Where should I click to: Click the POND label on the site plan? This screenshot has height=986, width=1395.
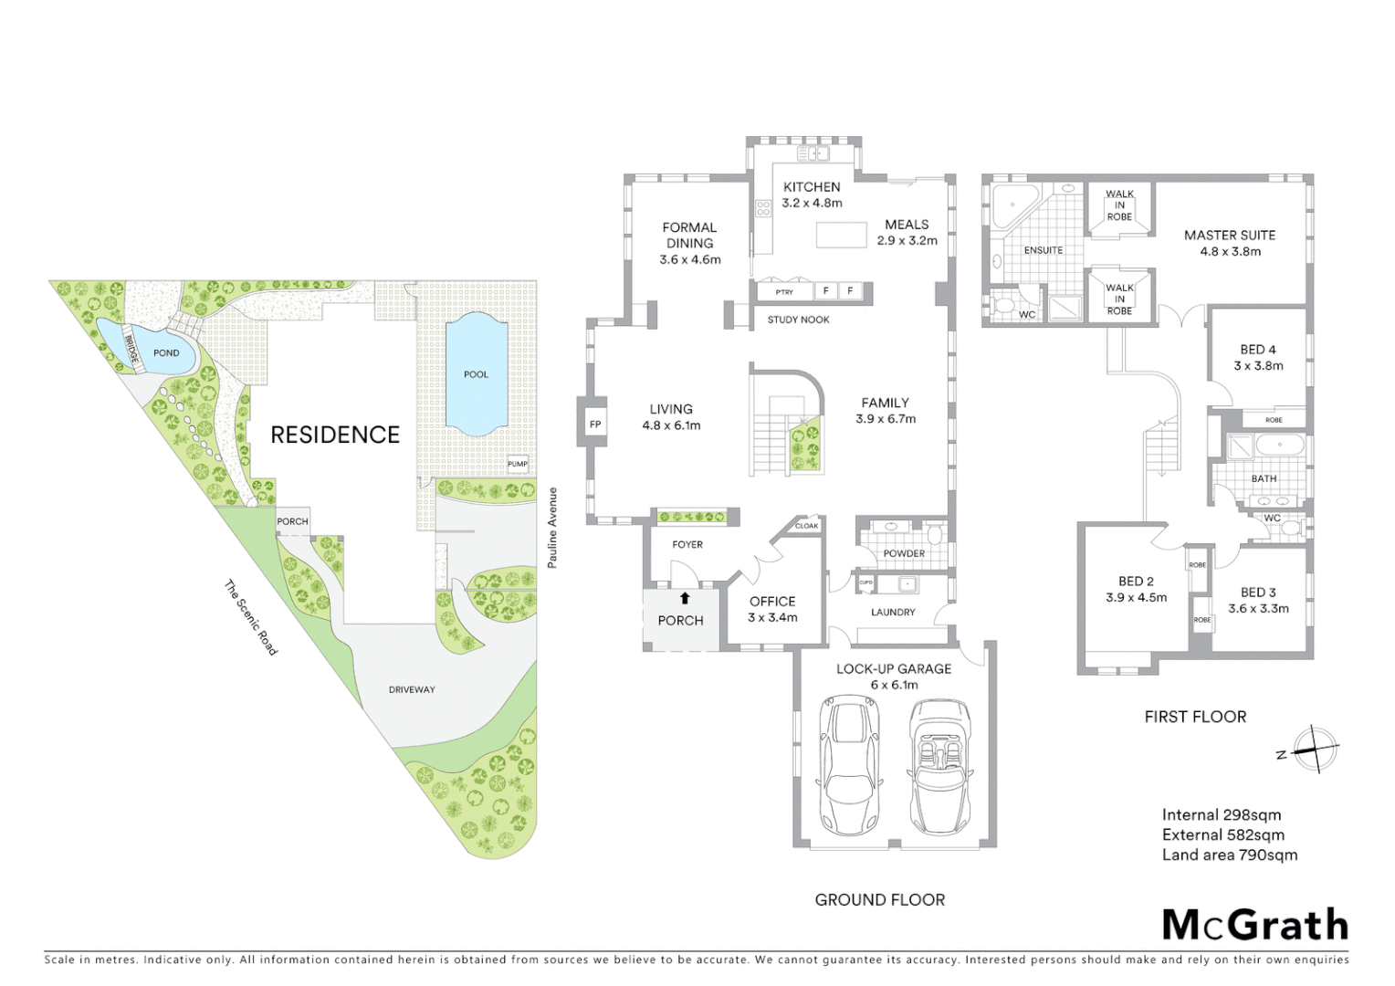tap(166, 353)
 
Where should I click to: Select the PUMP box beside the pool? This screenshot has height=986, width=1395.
tap(518, 464)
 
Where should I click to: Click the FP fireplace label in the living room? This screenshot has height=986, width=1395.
tap(595, 425)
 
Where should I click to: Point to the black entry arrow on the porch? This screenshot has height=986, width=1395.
tap(685, 599)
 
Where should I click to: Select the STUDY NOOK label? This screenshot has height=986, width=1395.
tap(798, 320)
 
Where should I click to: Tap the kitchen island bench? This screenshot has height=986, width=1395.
tap(841, 235)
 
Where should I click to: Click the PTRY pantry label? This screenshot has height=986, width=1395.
tap(783, 292)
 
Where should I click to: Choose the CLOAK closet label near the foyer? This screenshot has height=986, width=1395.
tap(806, 526)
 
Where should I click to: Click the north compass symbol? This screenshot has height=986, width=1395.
tap(1315, 750)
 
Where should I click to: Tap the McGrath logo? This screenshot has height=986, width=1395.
tap(1254, 925)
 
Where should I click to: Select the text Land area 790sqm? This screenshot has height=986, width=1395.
tap(1229, 855)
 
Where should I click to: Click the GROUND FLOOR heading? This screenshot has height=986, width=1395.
tap(879, 900)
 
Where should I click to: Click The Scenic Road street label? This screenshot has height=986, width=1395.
tap(251, 618)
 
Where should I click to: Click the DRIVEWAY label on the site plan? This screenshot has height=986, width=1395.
tap(412, 690)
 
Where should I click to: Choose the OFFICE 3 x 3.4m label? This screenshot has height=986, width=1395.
tap(772, 609)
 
